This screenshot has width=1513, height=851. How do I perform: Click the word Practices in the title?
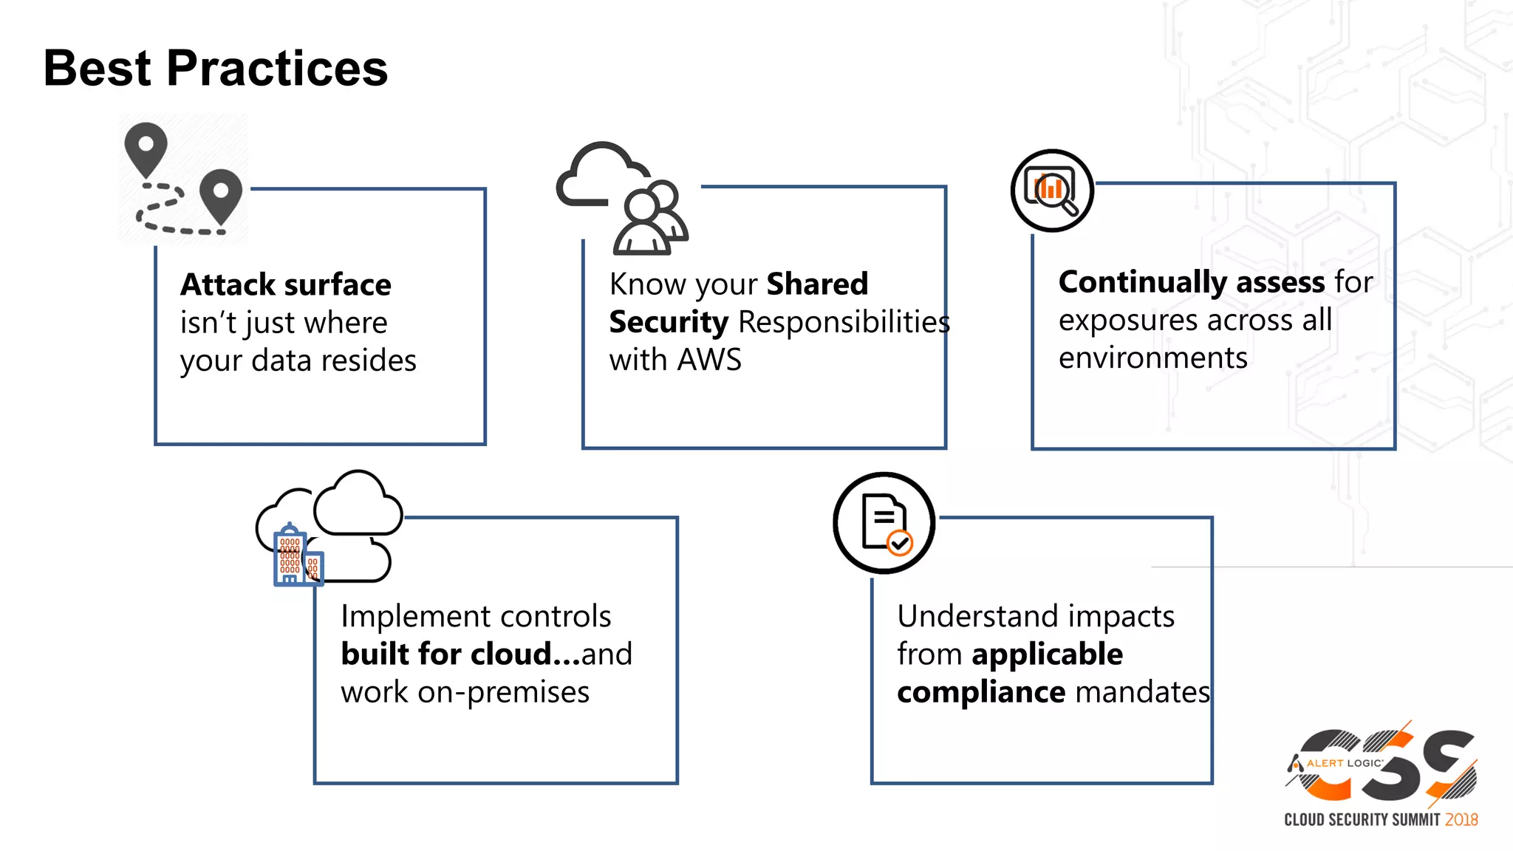[x=277, y=69]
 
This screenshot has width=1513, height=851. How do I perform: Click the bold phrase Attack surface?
[x=285, y=284]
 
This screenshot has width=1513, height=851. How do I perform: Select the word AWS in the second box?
[x=708, y=360]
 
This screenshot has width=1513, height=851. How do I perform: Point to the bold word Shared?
[x=817, y=284]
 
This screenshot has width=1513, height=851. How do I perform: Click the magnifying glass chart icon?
[x=1051, y=191]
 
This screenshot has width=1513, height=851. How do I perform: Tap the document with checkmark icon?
[x=884, y=523]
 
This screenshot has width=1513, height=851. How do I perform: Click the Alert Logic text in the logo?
[x=1344, y=763]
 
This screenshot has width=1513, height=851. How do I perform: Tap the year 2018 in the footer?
[x=1461, y=820]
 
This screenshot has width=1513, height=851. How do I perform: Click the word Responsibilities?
[x=844, y=323]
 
